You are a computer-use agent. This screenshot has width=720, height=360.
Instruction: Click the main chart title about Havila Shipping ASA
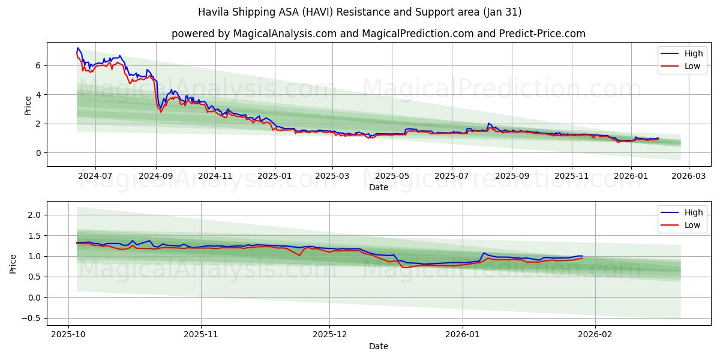360,12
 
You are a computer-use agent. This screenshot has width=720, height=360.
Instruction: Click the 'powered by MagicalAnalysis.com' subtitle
378,34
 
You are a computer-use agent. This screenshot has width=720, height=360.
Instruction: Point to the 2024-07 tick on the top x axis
95,176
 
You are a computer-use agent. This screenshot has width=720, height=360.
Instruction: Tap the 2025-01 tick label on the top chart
275,176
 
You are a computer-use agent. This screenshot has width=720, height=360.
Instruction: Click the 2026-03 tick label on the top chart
688,176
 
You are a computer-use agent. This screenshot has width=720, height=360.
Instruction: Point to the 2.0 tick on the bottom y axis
33,215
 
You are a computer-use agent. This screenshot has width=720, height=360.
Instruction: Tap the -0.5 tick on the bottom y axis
31,318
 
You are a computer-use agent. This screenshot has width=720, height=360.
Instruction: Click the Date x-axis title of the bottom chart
378,346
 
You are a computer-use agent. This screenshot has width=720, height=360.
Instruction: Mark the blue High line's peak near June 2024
77,48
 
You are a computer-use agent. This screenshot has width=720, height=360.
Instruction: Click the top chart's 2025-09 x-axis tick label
511,176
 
